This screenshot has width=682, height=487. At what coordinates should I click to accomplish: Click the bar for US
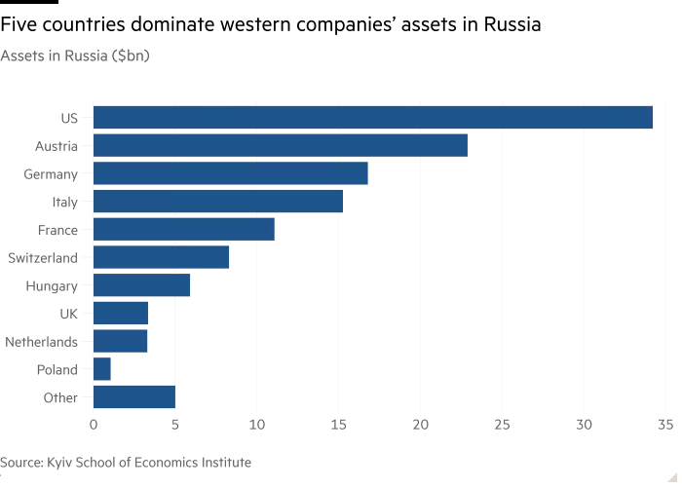[x=373, y=118]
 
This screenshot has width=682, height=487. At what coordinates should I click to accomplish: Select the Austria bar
[x=281, y=146]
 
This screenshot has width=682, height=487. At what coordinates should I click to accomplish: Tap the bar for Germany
[x=231, y=173]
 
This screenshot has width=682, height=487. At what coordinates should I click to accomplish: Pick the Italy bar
[x=218, y=202]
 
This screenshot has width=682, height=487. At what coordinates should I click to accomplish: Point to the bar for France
[x=184, y=230]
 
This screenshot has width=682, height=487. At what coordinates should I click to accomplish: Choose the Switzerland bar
[x=162, y=257]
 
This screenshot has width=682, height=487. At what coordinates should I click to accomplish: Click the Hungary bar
[x=142, y=285]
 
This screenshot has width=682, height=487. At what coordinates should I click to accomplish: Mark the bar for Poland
[x=102, y=370]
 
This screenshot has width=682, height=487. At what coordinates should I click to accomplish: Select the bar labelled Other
[x=134, y=397]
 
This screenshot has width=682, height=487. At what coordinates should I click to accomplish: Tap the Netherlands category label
[x=41, y=342]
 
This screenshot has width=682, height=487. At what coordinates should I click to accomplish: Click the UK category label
[x=69, y=314]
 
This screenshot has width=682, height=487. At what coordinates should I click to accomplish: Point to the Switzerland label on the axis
[x=43, y=258]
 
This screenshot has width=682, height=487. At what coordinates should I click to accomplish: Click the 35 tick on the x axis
[x=665, y=425]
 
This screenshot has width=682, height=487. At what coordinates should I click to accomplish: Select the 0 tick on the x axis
[x=94, y=425]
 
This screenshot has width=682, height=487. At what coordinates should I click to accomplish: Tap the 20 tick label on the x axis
[x=420, y=425]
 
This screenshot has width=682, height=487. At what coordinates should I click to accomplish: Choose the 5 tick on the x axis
[x=175, y=425]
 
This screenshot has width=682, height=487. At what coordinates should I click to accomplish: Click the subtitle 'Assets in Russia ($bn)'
[x=74, y=56]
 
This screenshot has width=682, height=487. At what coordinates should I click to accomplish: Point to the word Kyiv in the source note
[x=63, y=462]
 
